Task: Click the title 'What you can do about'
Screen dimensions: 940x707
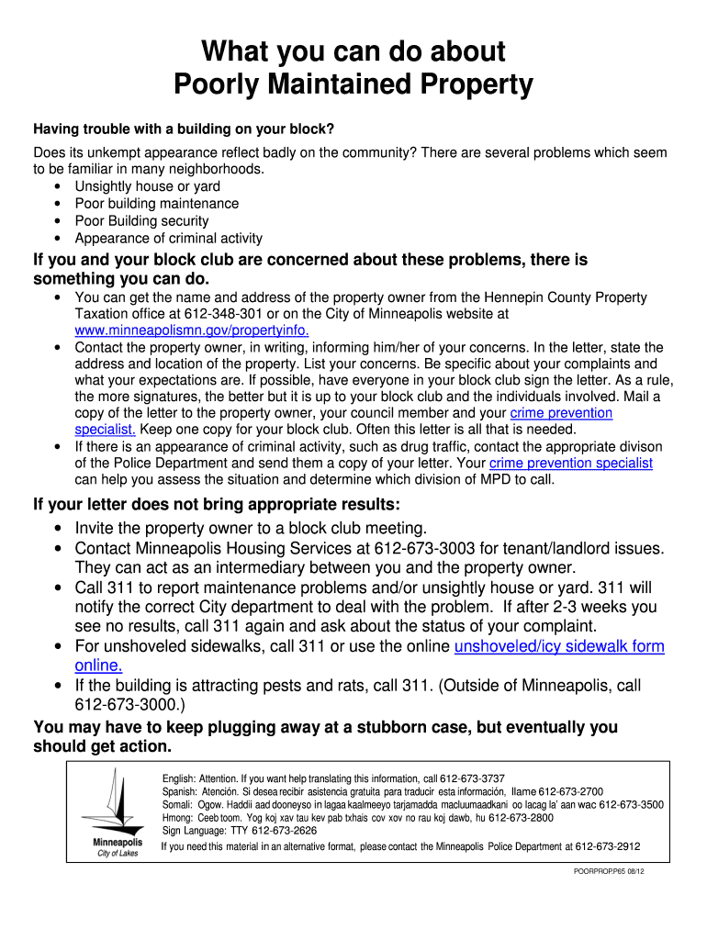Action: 353,50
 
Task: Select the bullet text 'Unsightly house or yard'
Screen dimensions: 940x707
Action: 148,186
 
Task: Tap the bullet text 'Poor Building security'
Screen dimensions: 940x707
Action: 142,221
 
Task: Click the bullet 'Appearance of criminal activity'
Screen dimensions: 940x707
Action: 169,239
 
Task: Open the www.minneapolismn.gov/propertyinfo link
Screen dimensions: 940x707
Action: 192,331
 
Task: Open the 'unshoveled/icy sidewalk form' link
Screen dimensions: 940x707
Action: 559,646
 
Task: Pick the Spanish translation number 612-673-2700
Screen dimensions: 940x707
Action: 570,791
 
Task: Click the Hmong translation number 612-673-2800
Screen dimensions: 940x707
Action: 521,818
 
